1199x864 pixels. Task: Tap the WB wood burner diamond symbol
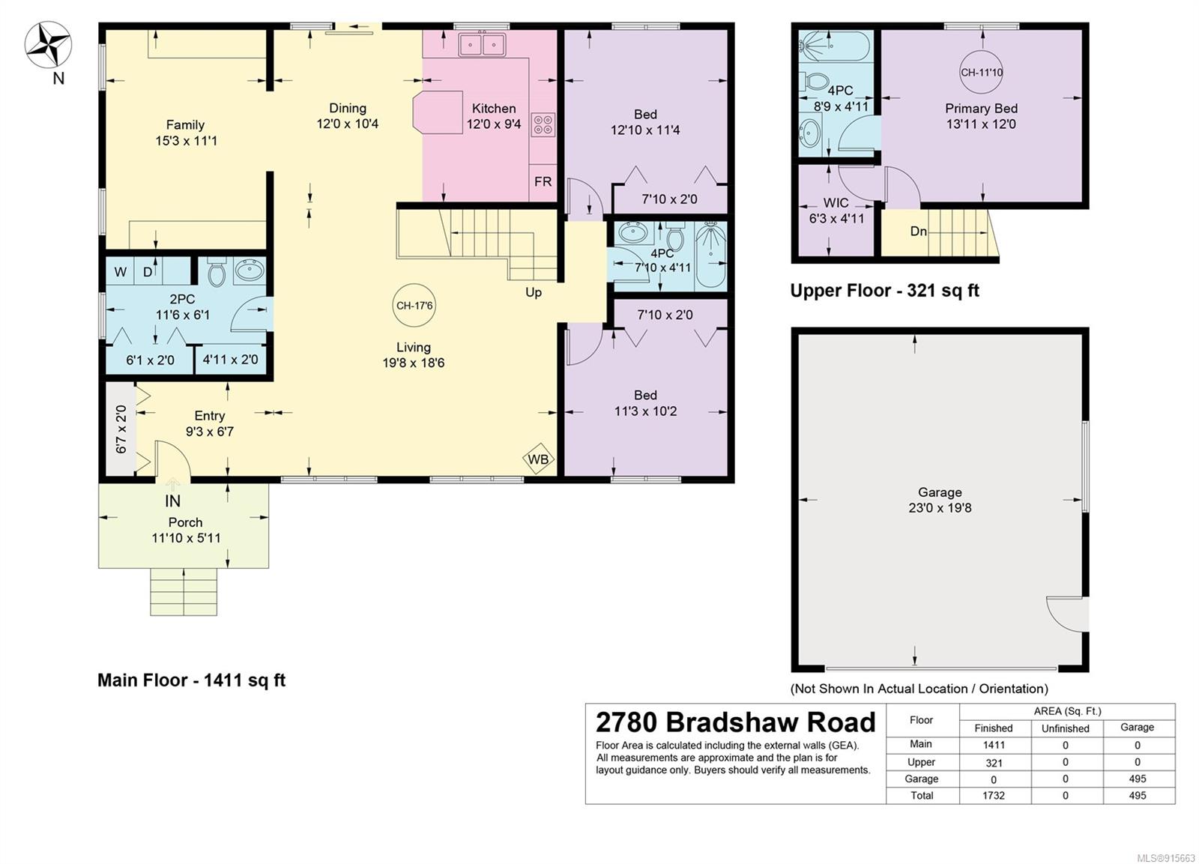[x=538, y=459]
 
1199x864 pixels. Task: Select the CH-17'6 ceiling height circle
[x=414, y=306]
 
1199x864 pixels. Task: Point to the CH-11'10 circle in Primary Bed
[x=981, y=72]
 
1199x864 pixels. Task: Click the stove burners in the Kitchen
[x=543, y=124]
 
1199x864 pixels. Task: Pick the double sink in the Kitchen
[x=482, y=44]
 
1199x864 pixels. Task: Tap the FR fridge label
[x=543, y=181]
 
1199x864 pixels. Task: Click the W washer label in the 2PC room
[x=121, y=272]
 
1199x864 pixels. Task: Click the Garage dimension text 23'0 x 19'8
[x=940, y=507]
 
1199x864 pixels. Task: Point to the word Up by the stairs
[x=533, y=293]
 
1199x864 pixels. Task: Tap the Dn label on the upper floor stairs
[x=919, y=232]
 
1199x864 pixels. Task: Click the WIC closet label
[x=836, y=203]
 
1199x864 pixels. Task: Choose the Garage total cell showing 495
[x=1138, y=796]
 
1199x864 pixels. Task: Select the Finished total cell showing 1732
[x=994, y=796]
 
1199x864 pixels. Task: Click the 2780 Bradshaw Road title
[x=735, y=722]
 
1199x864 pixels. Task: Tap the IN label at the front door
[x=172, y=501]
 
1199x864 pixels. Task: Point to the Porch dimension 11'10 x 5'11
[x=186, y=537]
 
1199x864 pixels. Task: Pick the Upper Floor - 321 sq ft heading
[x=885, y=291]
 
